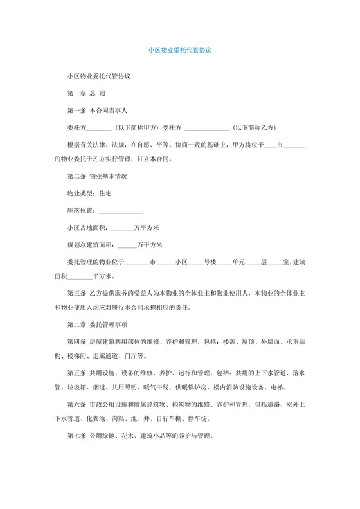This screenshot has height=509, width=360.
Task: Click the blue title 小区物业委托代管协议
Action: [x=179, y=48]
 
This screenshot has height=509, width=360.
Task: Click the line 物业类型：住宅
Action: [x=89, y=193]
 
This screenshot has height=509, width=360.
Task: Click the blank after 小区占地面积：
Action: [x=123, y=228]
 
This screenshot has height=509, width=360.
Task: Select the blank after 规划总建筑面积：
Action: [x=127, y=244]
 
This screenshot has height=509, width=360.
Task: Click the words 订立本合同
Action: [x=161, y=159]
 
